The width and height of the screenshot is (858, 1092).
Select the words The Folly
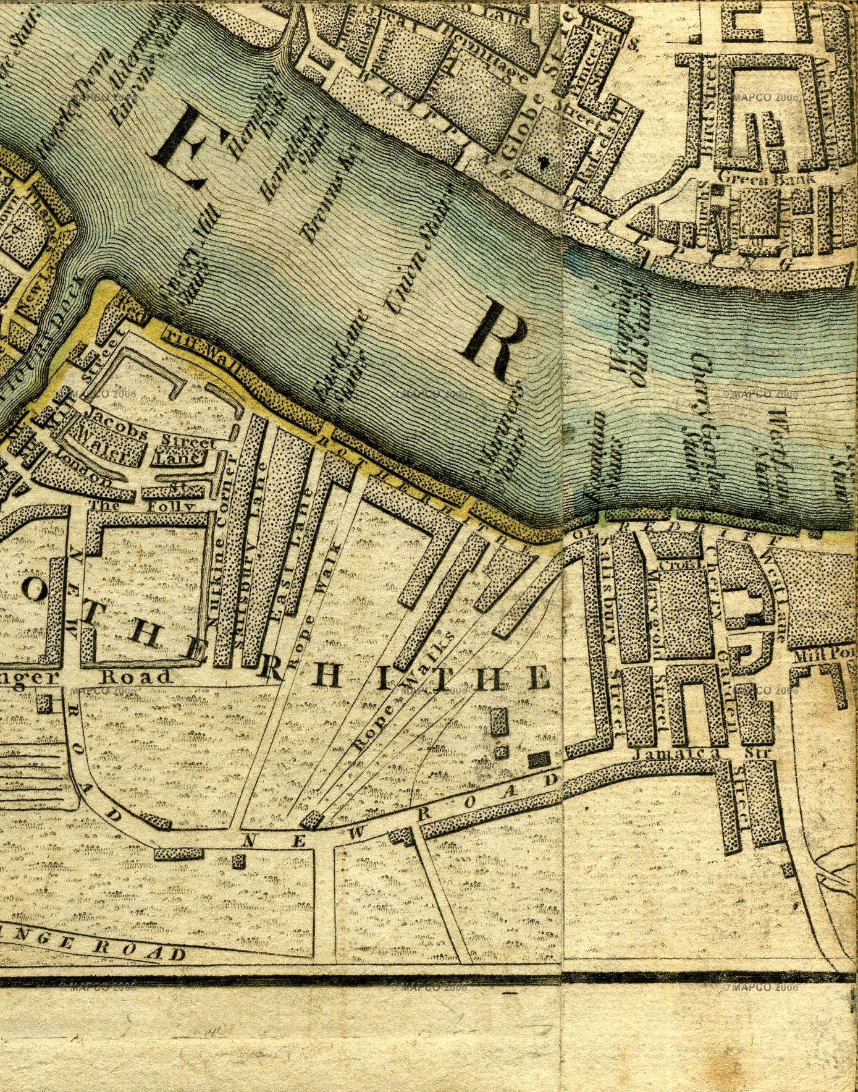pos(143,506)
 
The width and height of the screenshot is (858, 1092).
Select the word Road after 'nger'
pos(135,676)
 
